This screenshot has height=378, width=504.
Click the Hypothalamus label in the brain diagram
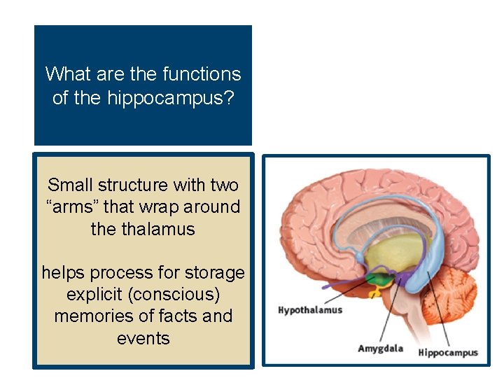click(310, 309)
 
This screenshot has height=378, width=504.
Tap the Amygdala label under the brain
click(381, 349)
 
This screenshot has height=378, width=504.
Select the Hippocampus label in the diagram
click(448, 352)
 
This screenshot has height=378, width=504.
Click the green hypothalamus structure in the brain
click(379, 279)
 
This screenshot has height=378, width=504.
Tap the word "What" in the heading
click(66, 74)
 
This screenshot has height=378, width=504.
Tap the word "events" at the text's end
click(143, 338)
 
